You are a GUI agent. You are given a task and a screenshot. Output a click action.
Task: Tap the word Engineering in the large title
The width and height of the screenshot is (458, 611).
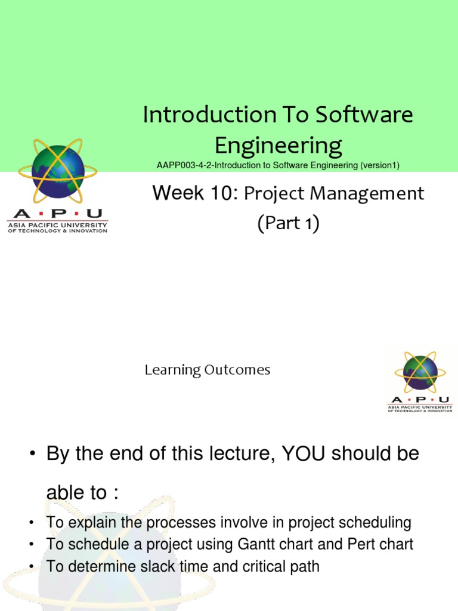pyautogui.click(x=278, y=145)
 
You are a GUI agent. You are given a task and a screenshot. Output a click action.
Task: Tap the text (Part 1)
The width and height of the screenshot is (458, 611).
pyautogui.click(x=289, y=223)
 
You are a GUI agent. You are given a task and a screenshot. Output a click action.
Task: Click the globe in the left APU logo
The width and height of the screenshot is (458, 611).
pyautogui.click(x=57, y=171)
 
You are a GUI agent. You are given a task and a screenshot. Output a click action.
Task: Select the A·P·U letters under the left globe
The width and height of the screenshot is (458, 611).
pyautogui.click(x=57, y=214)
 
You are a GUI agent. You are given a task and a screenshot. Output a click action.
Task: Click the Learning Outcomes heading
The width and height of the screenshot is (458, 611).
pyautogui.click(x=207, y=370)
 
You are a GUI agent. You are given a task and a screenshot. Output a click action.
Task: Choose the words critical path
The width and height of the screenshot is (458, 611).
pyautogui.click(x=279, y=566)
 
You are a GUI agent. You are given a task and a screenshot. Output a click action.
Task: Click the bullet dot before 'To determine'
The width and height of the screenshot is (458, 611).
pyautogui.click(x=30, y=566)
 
